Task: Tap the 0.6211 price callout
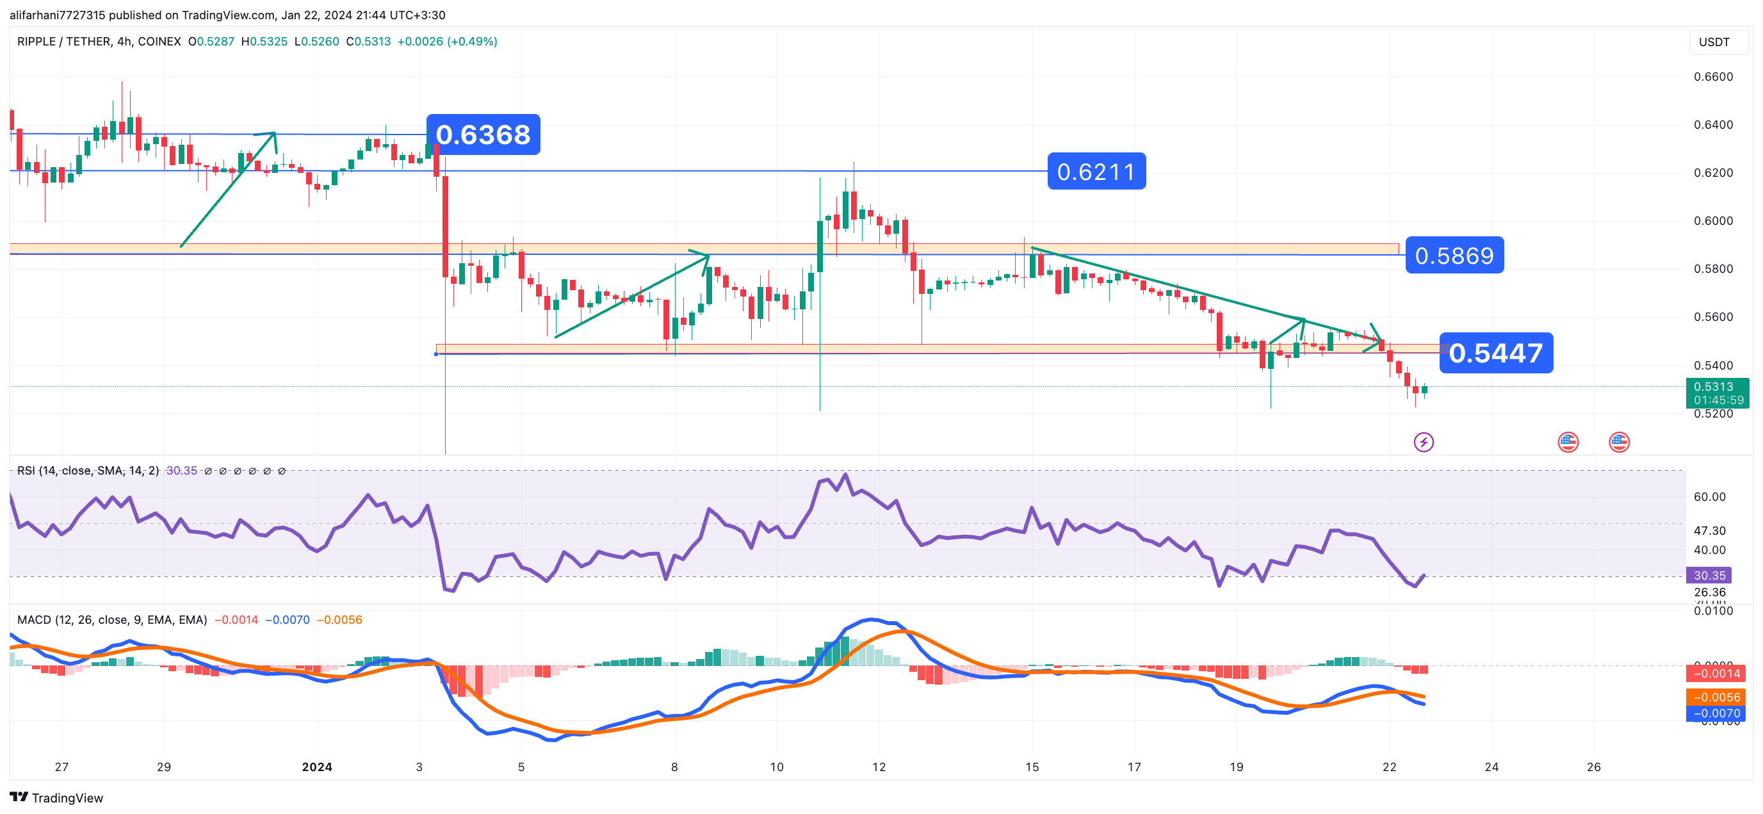[1096, 171]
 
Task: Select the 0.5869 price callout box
[1454, 256]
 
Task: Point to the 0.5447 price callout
[1495, 354]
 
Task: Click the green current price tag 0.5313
[1716, 393]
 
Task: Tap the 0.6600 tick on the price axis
[1713, 77]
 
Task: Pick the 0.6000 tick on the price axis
[1713, 220]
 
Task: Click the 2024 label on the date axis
[317, 767]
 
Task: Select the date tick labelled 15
[1032, 767]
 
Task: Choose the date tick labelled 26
[1593, 767]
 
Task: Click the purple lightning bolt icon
[1424, 443]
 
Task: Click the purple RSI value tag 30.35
[1709, 575]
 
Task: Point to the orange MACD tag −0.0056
[1716, 697]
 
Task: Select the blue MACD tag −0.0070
[1716, 713]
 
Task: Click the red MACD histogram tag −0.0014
[1716, 674]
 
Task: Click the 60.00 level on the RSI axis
[1709, 497]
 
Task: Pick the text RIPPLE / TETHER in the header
[63, 42]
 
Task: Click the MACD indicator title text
[111, 619]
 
